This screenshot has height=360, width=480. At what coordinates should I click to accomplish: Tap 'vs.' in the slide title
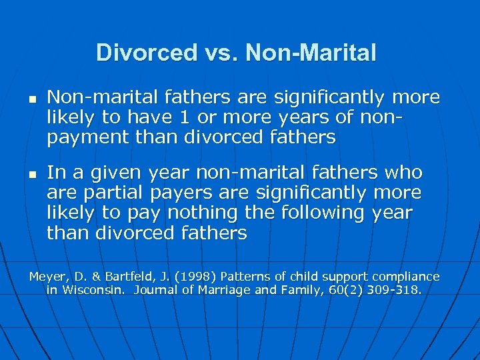(x=221, y=53)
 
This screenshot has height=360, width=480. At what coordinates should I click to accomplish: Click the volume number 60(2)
(x=345, y=291)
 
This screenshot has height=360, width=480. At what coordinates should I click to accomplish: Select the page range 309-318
(x=397, y=291)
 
